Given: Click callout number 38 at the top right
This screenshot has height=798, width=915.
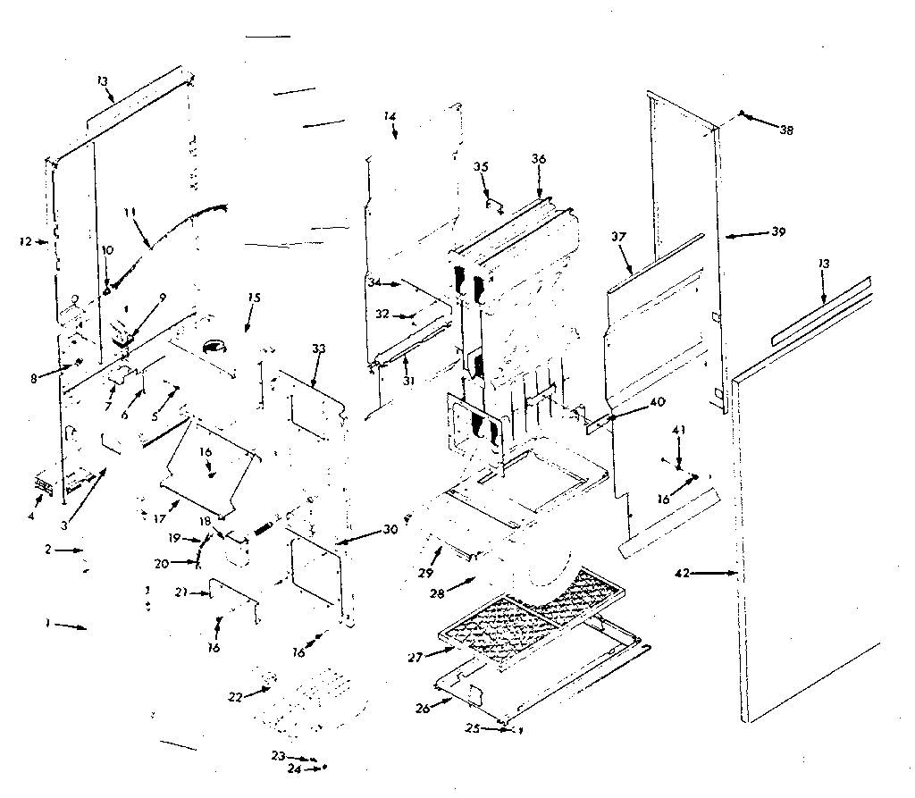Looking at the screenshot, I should pos(785,130).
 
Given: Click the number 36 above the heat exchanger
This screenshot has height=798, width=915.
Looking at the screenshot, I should pos(539,158).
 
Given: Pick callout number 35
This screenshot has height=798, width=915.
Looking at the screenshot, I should pos(482,166).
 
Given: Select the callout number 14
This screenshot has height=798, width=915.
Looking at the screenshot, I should pos(390,116).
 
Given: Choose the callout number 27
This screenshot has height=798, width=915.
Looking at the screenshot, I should pos(414,657).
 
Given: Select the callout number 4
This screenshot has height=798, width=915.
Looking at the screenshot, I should pos(30,516).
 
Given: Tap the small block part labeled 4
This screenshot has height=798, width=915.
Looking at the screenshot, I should pos(42,483).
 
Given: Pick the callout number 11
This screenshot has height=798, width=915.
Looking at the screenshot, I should pos(130,213).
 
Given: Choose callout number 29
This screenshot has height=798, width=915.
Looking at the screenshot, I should pos(427,571).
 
